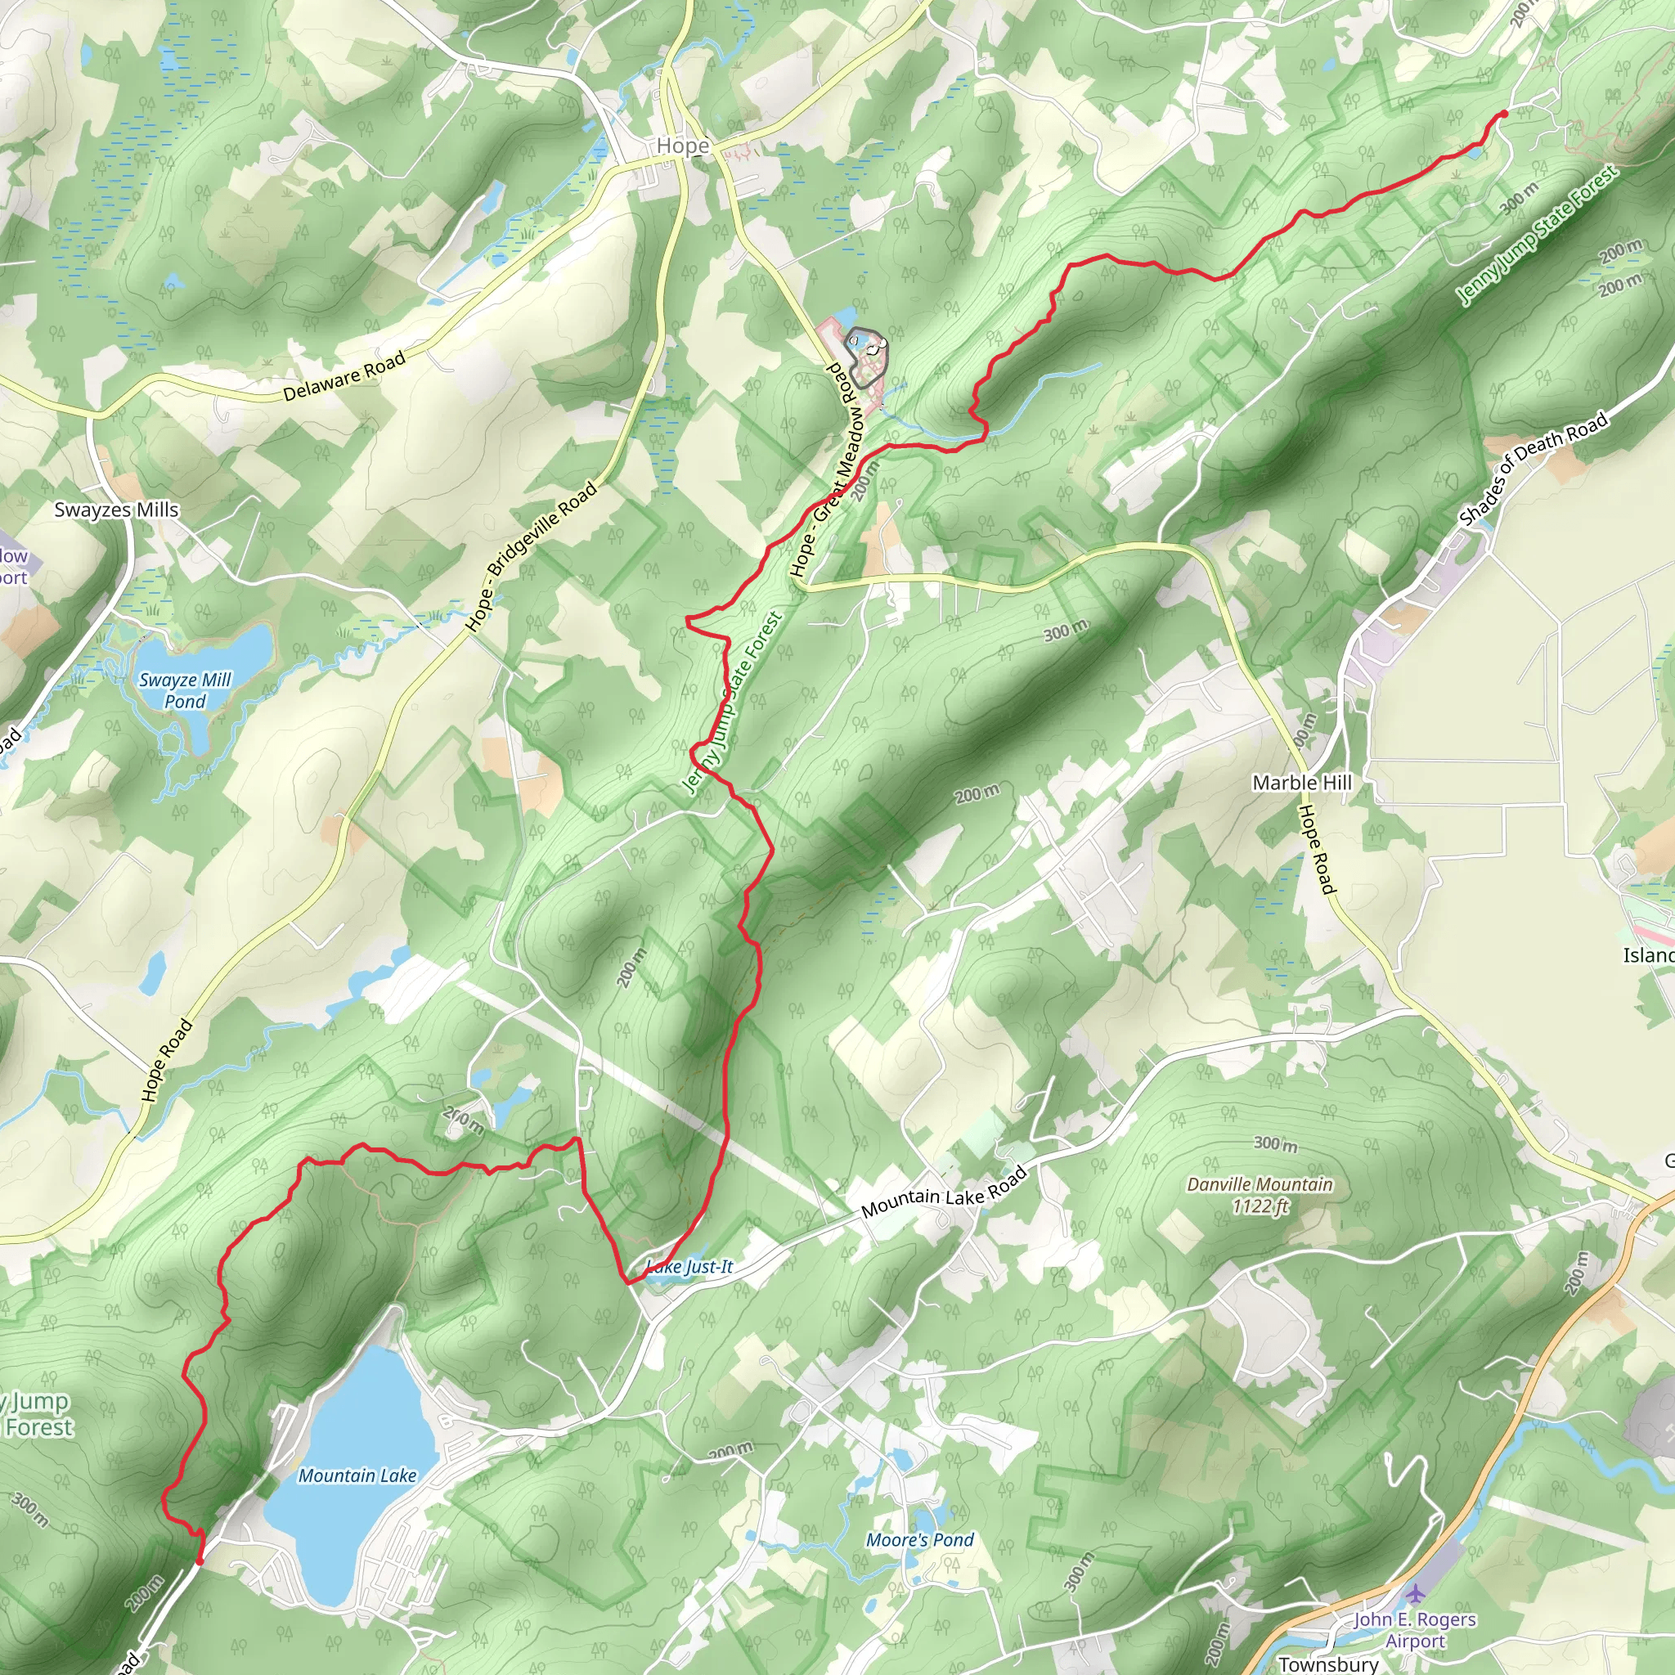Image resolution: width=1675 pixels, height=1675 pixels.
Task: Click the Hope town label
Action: (682, 146)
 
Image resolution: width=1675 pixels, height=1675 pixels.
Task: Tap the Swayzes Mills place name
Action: (116, 510)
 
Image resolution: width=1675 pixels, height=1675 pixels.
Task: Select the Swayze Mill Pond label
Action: (185, 690)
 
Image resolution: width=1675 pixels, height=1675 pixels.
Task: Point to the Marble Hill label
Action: (1301, 782)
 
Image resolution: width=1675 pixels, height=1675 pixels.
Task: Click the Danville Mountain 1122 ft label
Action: (1259, 1195)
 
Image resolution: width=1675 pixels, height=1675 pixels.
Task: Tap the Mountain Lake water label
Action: (357, 1475)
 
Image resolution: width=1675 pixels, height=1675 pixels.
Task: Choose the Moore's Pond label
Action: (920, 1540)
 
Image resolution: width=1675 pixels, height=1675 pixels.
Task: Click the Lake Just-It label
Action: (690, 1267)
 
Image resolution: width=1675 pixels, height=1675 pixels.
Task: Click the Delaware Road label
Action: (344, 376)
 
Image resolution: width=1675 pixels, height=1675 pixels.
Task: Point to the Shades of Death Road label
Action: (1533, 469)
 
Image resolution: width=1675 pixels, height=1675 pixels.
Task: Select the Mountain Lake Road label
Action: (943, 1193)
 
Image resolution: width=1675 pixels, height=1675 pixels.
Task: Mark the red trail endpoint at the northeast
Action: (1503, 114)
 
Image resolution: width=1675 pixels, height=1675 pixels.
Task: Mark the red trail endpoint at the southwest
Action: (200, 1561)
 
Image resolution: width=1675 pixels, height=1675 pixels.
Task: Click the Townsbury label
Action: (1327, 1664)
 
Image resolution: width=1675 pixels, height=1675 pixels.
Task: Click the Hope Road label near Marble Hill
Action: (1317, 849)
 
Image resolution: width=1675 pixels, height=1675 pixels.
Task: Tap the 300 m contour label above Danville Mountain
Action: (1275, 1143)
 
